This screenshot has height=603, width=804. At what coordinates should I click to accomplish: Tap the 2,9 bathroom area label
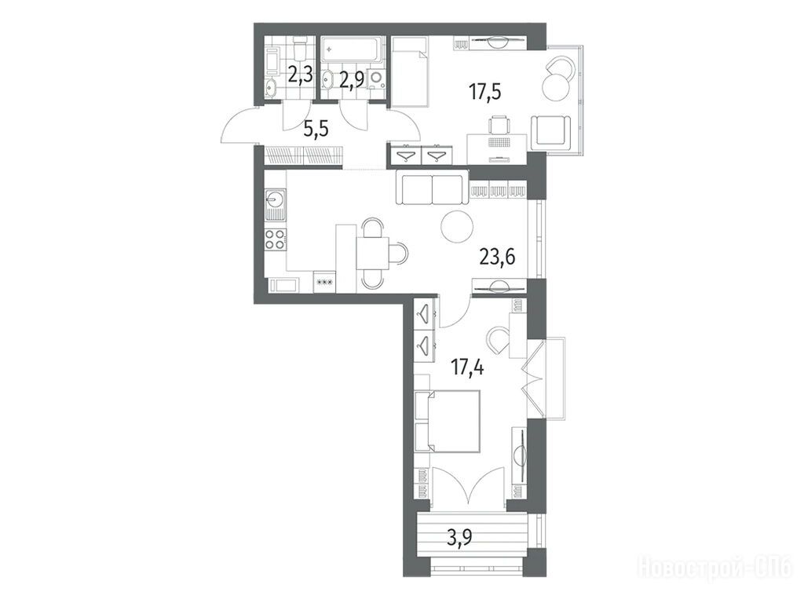point(352,80)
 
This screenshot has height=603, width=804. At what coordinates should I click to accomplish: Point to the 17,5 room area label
point(484,92)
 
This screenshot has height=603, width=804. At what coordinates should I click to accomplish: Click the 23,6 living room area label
point(497,255)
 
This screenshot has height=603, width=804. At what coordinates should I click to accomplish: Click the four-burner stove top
point(276,239)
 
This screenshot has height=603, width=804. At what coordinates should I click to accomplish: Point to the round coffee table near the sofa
point(457,226)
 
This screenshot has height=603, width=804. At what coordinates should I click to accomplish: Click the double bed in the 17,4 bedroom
point(447,422)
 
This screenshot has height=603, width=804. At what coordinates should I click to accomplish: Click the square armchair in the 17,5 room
point(550,131)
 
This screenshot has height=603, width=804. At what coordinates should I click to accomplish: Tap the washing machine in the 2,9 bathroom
point(377,79)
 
